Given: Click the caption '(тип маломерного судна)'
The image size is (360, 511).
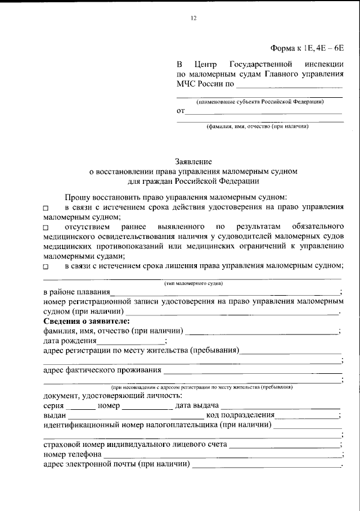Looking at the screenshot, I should click(x=193, y=284).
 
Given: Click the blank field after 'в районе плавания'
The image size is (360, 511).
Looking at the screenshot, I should click(x=225, y=292).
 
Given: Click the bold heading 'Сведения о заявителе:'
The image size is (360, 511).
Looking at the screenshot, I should click(x=86, y=321).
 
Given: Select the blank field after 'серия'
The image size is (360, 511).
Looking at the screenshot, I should click(x=80, y=406).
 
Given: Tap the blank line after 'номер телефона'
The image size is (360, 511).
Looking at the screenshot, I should click(x=222, y=454).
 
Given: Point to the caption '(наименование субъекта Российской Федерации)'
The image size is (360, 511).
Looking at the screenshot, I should click(x=259, y=102).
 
